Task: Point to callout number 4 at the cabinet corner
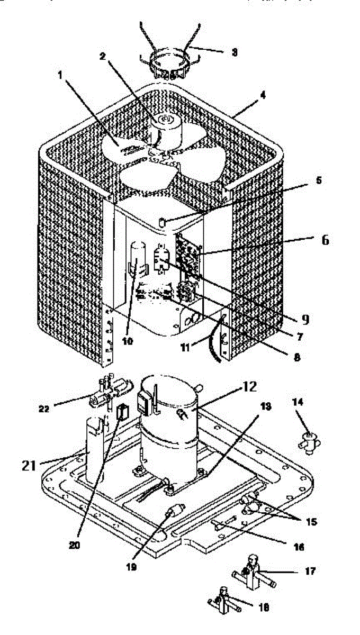(x=248, y=97)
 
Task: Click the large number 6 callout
(x=324, y=240)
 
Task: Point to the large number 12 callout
(x=249, y=388)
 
